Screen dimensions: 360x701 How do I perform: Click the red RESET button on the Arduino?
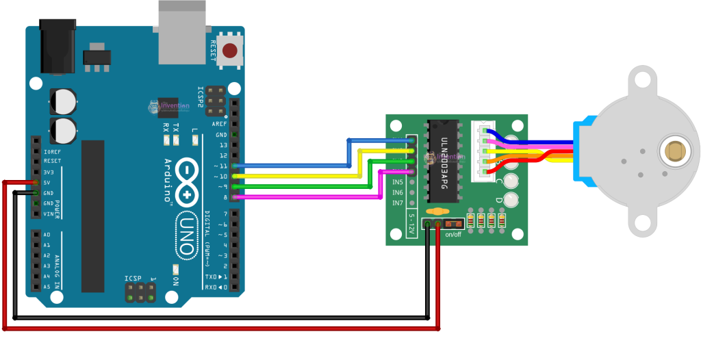tap(231, 50)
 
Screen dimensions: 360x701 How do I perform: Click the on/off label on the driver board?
tap(453, 235)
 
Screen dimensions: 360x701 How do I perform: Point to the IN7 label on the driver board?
tap(397, 203)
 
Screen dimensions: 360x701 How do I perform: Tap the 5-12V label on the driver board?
tap(412, 224)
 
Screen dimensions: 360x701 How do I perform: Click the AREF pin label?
tap(219, 124)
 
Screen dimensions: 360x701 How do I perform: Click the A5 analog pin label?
tap(47, 287)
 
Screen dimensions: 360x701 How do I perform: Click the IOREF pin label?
tap(51, 151)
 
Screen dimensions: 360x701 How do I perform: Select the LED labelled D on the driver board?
tap(511, 200)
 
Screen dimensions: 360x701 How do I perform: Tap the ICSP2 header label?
tap(201, 98)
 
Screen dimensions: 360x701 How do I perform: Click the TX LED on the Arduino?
tap(176, 140)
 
